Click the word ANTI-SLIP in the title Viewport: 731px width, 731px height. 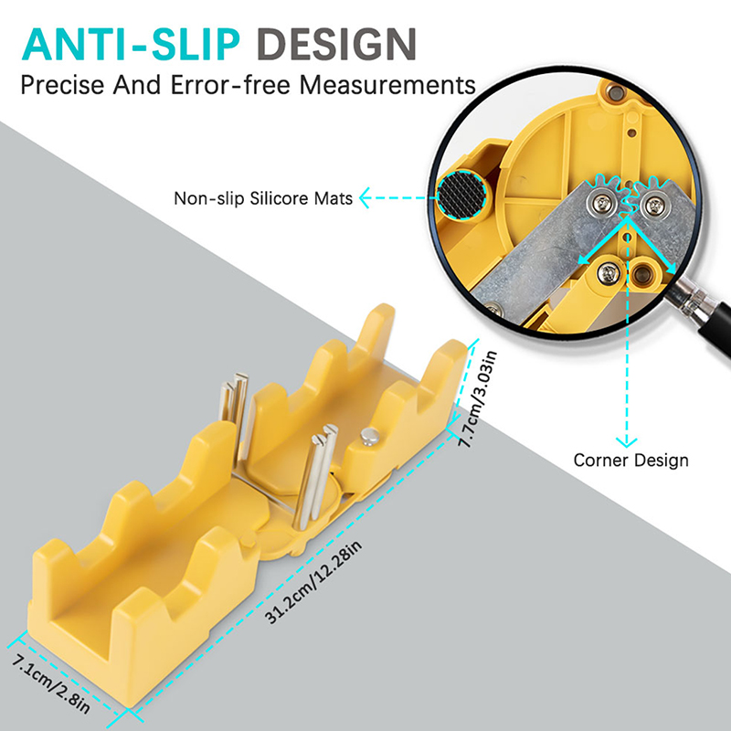tap(131, 44)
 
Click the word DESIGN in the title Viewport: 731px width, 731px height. tap(336, 44)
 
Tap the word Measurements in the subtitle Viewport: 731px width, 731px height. tap(387, 85)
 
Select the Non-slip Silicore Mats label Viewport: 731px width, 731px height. tap(263, 198)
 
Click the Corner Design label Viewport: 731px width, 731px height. tap(630, 461)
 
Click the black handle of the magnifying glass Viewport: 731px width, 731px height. tap(715, 326)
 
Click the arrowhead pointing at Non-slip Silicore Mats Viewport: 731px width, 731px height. tap(364, 197)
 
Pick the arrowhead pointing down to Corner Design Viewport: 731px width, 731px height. tap(626, 442)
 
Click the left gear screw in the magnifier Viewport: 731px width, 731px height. tap(600, 203)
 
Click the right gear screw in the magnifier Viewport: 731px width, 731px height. tap(654, 204)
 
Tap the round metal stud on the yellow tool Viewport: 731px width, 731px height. tap(370, 437)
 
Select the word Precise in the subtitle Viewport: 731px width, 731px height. tap(62, 85)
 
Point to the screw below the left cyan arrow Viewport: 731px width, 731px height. tap(608, 273)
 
